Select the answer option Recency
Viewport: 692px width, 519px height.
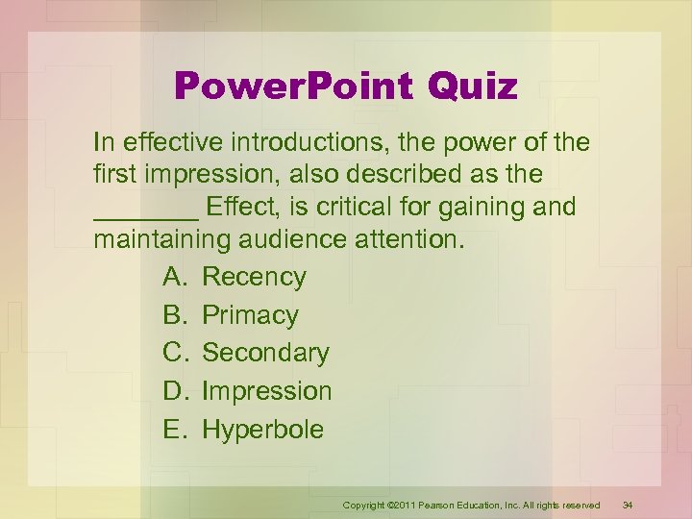254,277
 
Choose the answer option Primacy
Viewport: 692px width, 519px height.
250,315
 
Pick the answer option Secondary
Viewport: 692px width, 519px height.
265,353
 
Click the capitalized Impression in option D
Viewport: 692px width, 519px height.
266,391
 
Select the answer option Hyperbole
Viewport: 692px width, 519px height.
262,429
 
